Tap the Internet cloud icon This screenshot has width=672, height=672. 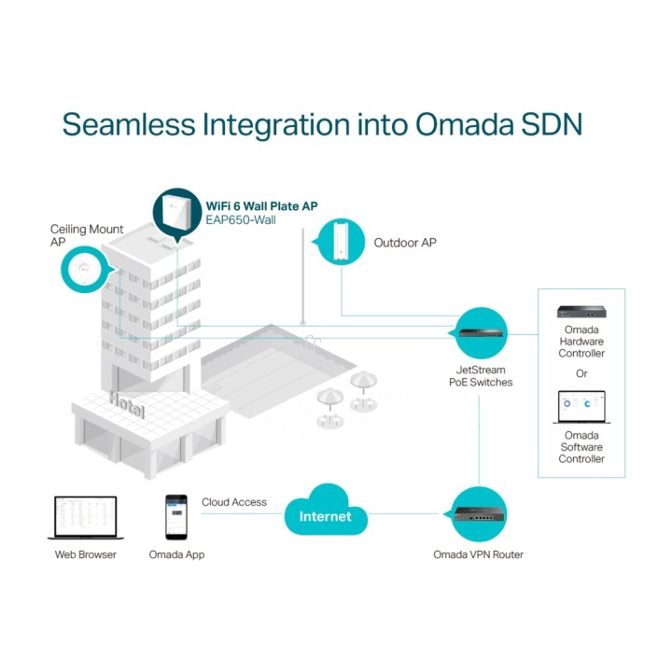(326, 511)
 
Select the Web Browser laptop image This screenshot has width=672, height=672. (86, 518)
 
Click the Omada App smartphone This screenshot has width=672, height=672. (176, 517)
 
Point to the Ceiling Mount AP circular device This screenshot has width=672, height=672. (84, 270)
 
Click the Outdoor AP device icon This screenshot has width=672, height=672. (342, 240)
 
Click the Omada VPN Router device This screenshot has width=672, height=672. (480, 514)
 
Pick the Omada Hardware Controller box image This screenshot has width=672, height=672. (581, 312)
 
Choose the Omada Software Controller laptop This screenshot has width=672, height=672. (581, 407)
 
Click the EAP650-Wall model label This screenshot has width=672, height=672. (241, 220)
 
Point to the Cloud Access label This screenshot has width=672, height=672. (234, 502)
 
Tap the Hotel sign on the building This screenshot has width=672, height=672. (126, 404)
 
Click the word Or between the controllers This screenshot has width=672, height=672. (581, 373)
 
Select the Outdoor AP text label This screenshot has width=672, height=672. (405, 243)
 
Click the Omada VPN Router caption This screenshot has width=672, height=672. (478, 554)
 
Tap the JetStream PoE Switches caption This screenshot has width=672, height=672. (481, 376)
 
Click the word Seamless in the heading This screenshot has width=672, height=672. (129, 124)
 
